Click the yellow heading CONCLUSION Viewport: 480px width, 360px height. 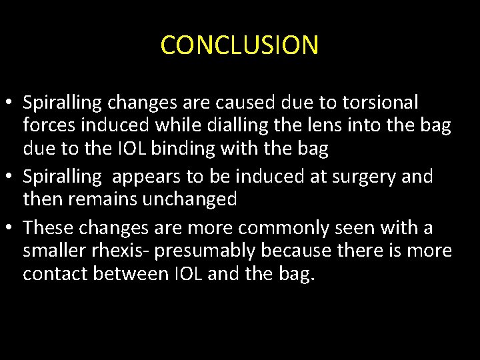tap(239, 45)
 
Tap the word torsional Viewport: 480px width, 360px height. tap(381, 103)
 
